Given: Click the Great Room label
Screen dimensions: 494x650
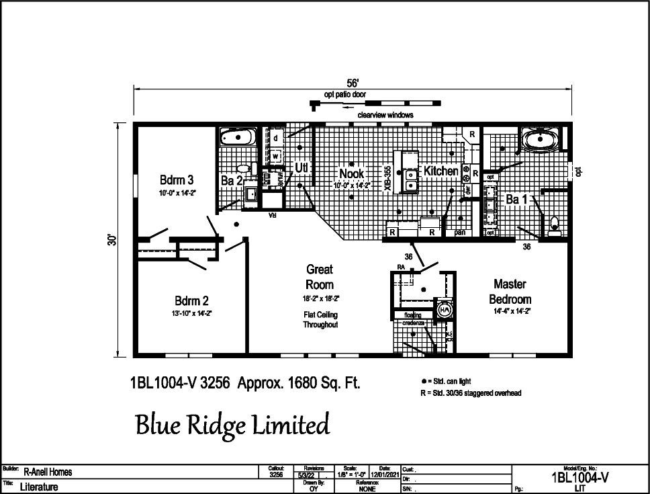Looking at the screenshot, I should point(320,276).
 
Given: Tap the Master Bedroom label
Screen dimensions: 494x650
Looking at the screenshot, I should point(510,292).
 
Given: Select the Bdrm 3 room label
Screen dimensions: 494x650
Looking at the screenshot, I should point(177,180).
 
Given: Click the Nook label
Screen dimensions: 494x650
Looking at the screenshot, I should point(351,173).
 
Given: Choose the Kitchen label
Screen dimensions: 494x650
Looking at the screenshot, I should point(441,171).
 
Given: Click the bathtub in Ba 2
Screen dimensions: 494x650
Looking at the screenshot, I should point(236,139).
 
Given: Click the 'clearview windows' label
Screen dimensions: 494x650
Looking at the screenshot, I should point(385,115).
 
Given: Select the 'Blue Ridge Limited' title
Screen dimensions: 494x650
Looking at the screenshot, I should point(232,425).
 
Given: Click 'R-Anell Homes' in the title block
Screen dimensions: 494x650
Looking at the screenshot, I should point(48,472).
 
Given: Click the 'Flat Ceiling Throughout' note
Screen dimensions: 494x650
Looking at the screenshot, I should point(320,319).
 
